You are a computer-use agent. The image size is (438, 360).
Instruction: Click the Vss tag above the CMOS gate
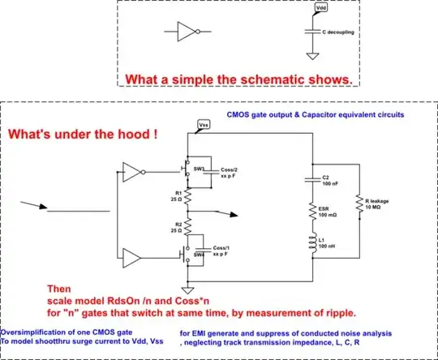click(204, 126)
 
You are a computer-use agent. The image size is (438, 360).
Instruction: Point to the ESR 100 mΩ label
click(326, 211)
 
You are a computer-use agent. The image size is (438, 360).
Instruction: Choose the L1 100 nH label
click(325, 244)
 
